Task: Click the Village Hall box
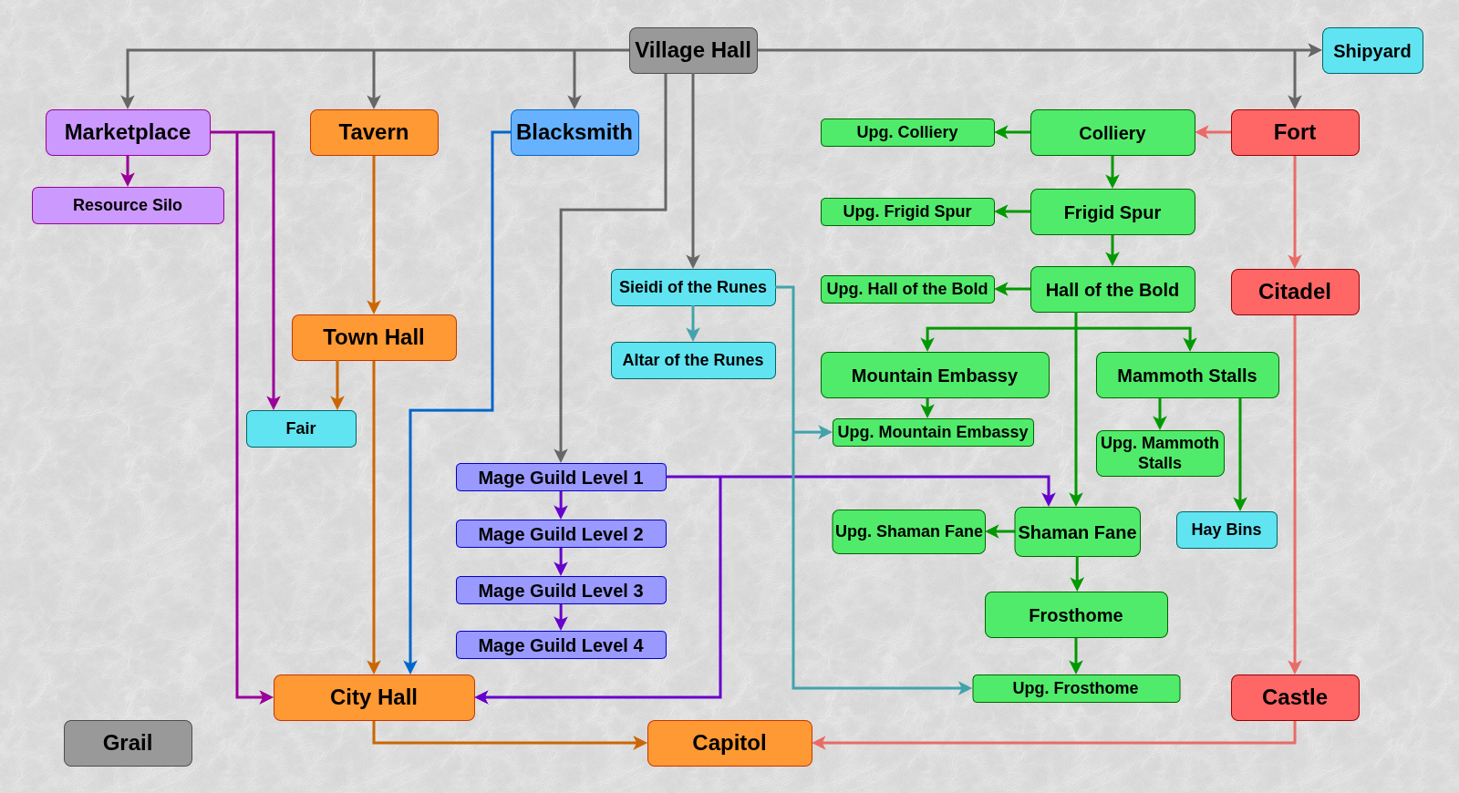693,50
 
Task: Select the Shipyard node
1371,51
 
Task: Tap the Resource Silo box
128,205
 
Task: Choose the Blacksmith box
574,132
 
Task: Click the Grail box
128,743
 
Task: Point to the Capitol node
729,743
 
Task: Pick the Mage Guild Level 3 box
561,591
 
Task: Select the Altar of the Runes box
693,360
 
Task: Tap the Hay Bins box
1226,530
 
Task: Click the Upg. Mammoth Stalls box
1160,453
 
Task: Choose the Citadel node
1295,292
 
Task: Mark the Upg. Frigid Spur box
907,211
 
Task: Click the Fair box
301,428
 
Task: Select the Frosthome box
1076,615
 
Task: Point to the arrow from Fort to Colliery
1213,132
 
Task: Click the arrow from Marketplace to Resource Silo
128,171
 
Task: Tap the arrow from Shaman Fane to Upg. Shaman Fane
1000,531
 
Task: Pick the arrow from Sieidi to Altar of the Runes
693,324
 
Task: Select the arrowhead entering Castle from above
1295,668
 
